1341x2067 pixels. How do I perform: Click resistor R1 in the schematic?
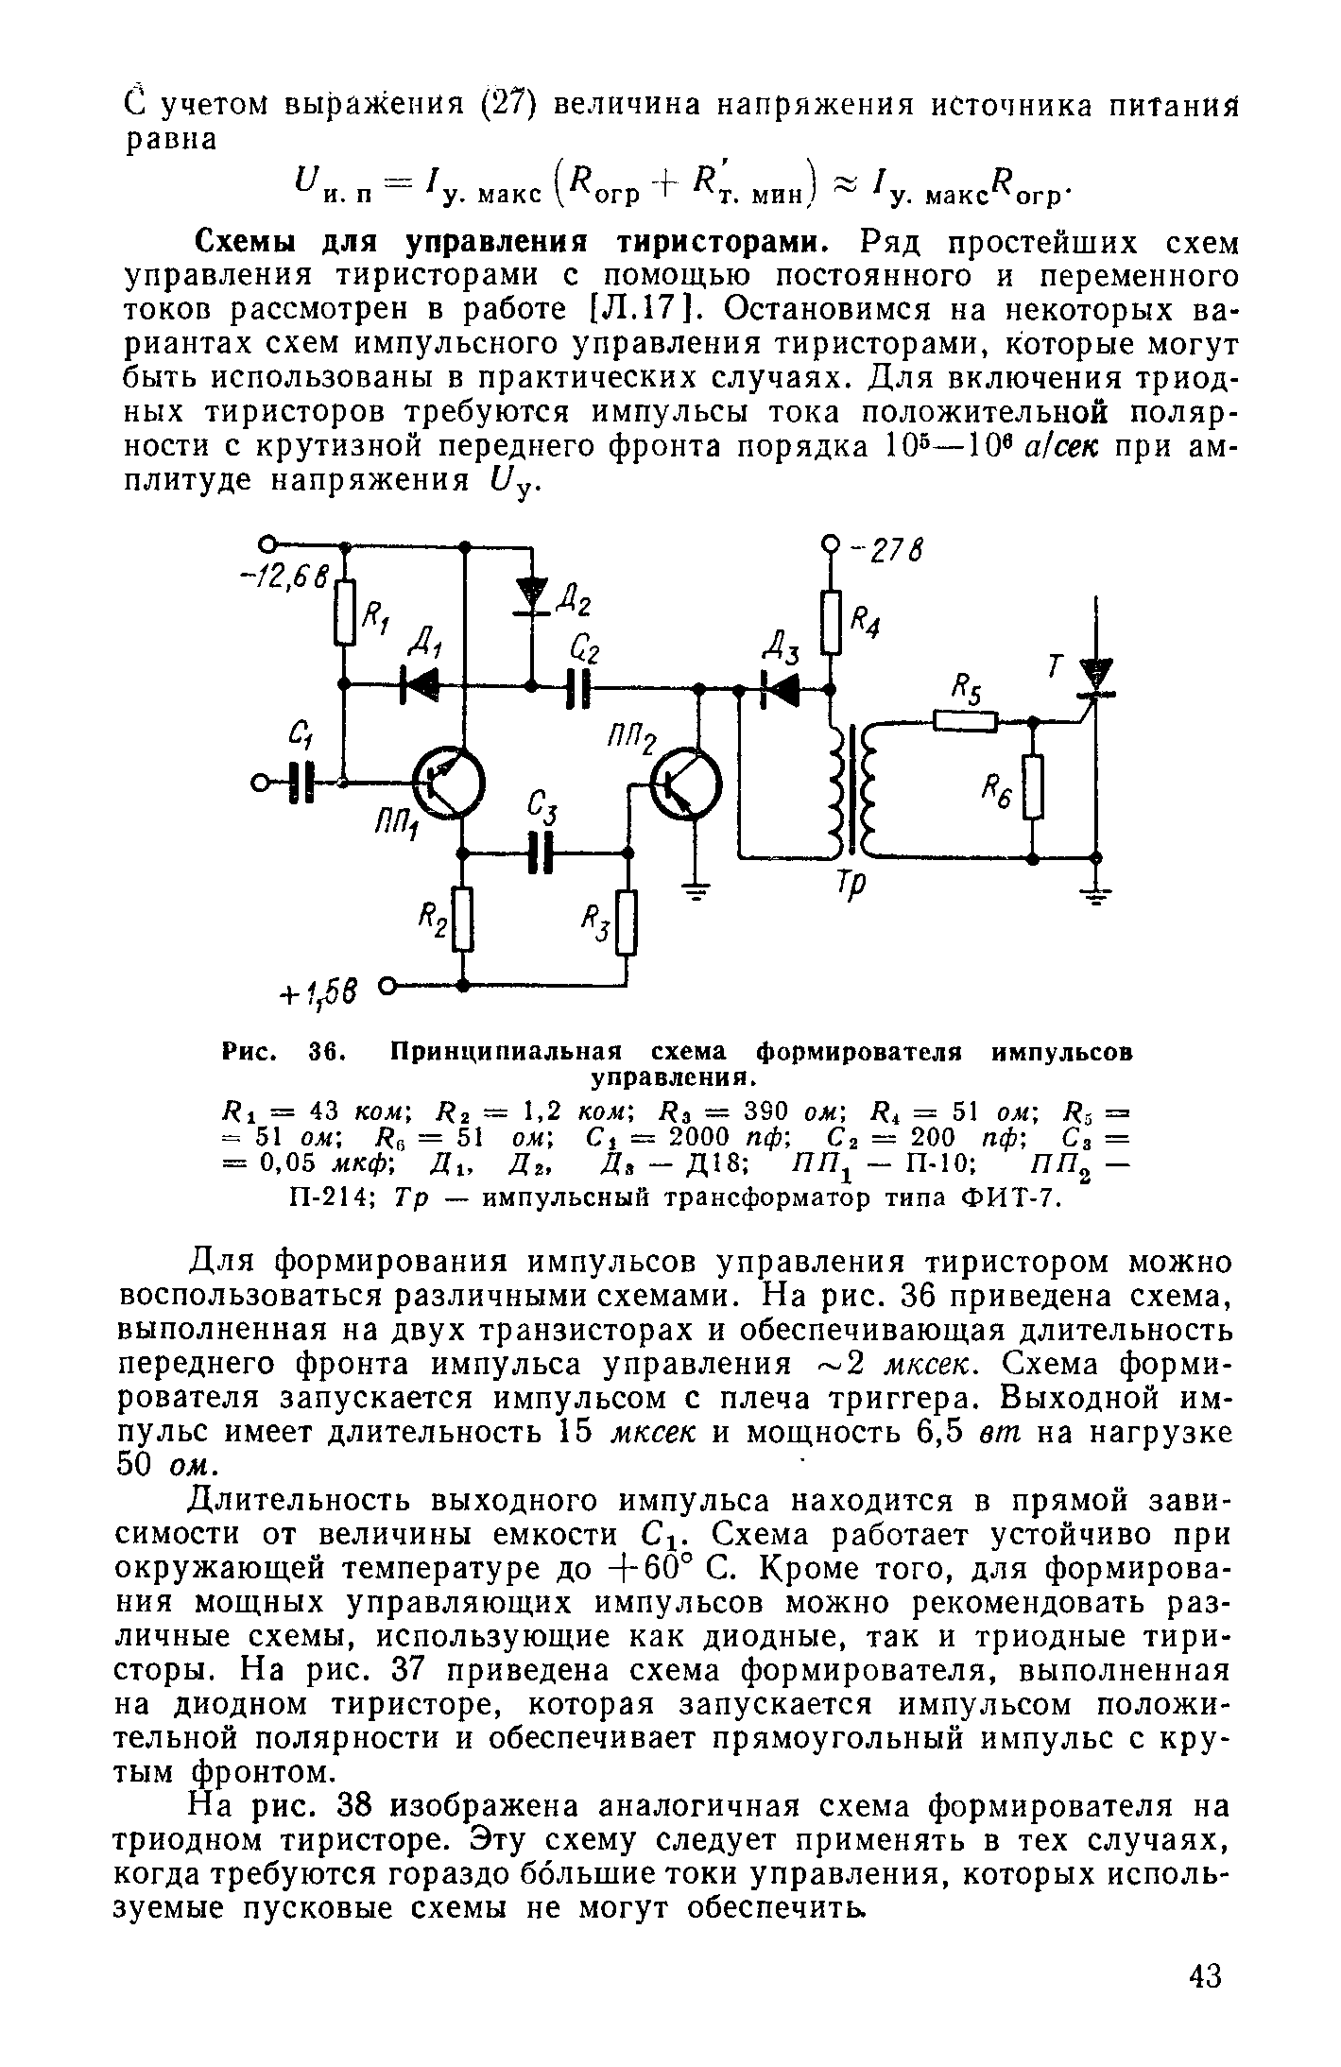(346, 612)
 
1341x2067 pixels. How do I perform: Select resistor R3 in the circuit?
(628, 924)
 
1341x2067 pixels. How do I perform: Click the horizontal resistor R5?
(965, 721)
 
